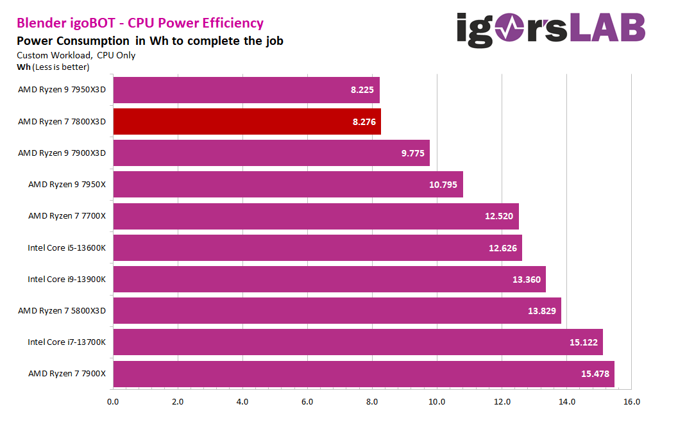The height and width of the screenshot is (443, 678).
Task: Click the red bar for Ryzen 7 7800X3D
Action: [247, 121]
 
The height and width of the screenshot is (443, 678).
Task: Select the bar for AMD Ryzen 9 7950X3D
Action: [246, 90]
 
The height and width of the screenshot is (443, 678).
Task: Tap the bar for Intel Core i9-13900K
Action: [329, 279]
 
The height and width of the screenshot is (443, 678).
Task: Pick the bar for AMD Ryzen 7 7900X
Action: [364, 374]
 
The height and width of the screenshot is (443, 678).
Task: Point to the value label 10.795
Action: [444, 185]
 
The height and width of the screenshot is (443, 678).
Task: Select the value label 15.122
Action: [584, 342]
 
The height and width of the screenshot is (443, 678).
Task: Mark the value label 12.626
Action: [504, 247]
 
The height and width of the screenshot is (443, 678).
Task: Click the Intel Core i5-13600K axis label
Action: [67, 247]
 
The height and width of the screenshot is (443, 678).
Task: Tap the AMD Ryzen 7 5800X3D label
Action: [62, 311]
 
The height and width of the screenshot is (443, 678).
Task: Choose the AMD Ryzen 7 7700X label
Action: [67, 216]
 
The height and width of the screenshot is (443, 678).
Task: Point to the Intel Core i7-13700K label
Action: [67, 342]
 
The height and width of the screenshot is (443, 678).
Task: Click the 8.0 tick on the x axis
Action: [372, 402]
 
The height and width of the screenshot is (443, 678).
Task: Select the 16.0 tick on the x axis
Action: [631, 402]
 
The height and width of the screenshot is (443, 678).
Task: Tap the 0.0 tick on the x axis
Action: [113, 402]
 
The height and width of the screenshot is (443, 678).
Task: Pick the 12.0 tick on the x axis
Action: [502, 402]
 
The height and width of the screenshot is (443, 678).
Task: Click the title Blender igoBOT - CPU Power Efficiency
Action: [140, 23]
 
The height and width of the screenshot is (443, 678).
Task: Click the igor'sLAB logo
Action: [551, 31]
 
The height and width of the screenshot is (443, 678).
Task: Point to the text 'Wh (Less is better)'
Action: [53, 67]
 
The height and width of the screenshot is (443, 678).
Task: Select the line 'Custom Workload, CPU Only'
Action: [76, 55]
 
